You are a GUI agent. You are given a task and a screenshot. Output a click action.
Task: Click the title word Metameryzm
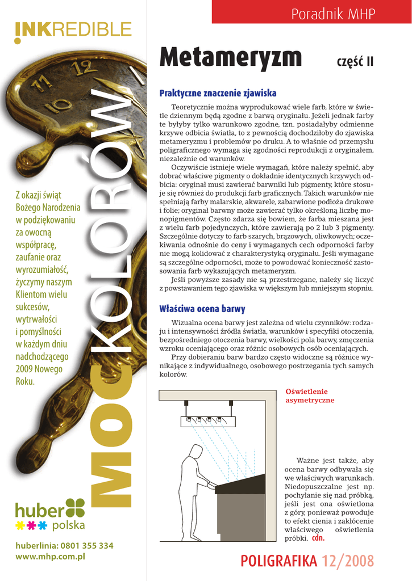pos(231,57)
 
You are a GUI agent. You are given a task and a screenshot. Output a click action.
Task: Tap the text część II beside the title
pos(355,61)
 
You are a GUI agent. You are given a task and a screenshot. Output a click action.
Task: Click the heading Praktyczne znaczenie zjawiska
pos(218,92)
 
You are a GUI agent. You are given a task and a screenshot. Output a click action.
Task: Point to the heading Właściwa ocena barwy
pos(202,309)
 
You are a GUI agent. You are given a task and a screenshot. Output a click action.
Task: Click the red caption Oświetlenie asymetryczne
pos(310,395)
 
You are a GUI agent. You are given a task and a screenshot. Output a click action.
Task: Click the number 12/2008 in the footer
pos(348,561)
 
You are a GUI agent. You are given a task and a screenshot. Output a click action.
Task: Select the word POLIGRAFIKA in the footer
pos(278,561)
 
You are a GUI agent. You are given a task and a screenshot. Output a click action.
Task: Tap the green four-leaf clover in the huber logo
pos(75,508)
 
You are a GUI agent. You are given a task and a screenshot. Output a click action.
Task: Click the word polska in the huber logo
pos(68,525)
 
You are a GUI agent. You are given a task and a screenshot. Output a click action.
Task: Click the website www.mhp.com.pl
pos(51,557)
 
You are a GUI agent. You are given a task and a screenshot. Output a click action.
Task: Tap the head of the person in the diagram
pos(196,453)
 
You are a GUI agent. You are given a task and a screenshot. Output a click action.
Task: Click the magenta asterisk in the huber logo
pos(31,525)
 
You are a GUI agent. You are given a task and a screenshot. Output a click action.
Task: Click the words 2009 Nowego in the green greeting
pos(39,369)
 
